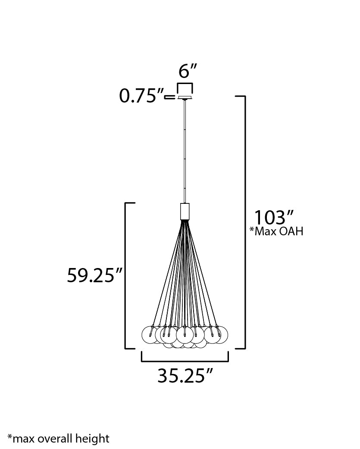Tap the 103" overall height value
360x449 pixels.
pos(274,218)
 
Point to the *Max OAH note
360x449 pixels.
pos(276,231)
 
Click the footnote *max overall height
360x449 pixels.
pos(58,439)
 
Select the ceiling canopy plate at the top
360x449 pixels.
pos(185,97)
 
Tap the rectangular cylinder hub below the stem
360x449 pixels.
pos(185,211)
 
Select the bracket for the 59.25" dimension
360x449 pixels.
pos(126,275)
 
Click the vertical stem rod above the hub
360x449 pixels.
pos(185,151)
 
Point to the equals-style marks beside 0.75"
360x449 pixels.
pos(171,97)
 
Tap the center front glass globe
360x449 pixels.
pos(185,335)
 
